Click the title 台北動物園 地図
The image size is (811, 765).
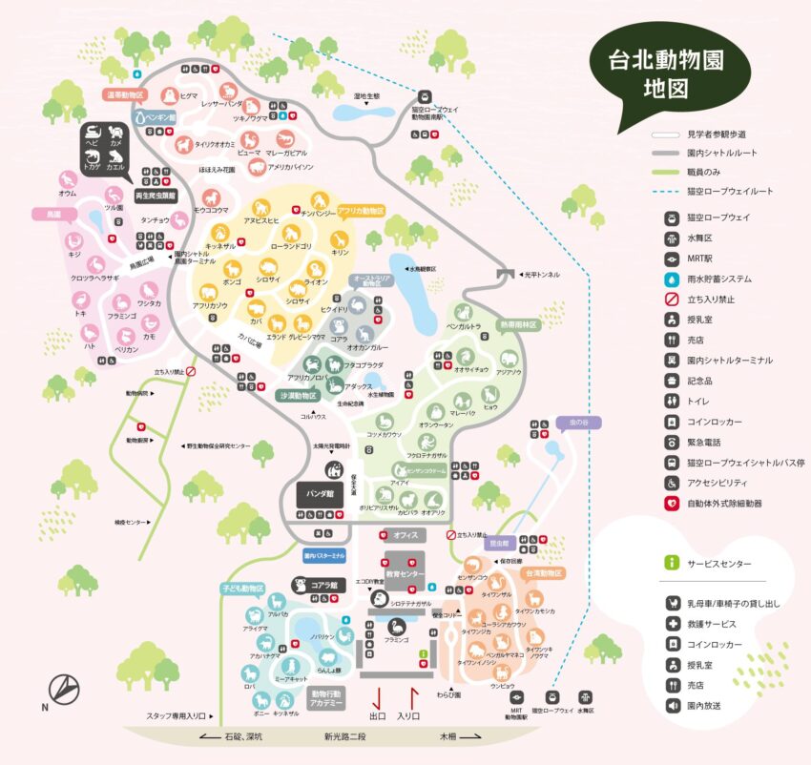pyautogui.click(x=667, y=76)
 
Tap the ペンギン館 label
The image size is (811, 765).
pyautogui.click(x=160, y=118)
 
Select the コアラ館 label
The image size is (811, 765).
pyautogui.click(x=324, y=588)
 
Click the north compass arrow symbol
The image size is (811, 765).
pyautogui.click(x=62, y=688)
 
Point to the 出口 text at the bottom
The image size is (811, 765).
pyautogui.click(x=377, y=715)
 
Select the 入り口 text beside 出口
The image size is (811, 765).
pyautogui.click(x=408, y=715)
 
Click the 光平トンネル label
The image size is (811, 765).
pyautogui.click(x=541, y=274)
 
